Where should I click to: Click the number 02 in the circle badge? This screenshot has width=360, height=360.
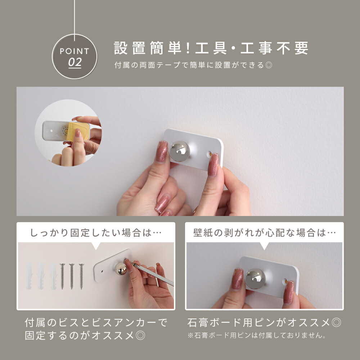click(75, 62)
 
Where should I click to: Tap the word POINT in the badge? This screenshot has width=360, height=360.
click(75, 51)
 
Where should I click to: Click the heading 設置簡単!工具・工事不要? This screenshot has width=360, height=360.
click(211, 48)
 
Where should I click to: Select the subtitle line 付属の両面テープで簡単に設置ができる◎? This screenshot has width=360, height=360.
click(193, 65)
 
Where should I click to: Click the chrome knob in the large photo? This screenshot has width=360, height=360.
click(180, 151)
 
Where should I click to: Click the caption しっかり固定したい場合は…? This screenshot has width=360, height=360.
click(96, 233)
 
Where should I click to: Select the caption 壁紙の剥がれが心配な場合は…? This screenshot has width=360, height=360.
click(264, 233)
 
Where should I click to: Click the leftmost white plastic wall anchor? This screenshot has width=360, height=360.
click(29, 276)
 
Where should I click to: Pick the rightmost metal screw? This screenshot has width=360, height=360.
click(81, 276)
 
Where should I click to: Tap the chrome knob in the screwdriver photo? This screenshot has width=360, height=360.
click(121, 269)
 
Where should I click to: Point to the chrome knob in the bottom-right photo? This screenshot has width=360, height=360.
click(255, 279)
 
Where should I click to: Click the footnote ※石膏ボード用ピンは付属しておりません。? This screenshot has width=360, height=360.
click(257, 335)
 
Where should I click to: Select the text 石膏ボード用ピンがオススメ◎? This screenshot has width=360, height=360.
click(264, 323)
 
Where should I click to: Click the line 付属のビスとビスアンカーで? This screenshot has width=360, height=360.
click(96, 323)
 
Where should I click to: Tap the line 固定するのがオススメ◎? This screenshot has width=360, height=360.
click(85, 336)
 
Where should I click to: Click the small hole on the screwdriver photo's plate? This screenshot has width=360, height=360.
click(102, 271)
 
